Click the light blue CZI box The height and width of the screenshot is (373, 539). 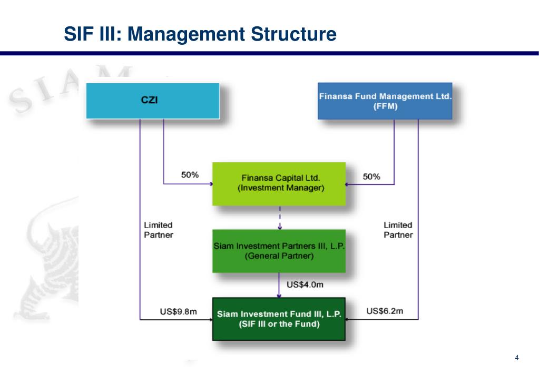(x=152, y=100)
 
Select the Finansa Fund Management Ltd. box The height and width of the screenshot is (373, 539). (x=385, y=101)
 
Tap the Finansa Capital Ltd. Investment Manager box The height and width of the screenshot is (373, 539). (x=279, y=183)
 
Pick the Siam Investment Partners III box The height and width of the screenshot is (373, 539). (x=279, y=251)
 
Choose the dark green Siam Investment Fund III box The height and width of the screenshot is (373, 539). (x=279, y=319)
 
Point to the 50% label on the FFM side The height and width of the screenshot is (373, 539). (x=371, y=176)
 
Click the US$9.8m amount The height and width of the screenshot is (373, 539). (x=178, y=311)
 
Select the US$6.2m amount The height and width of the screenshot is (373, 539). (x=385, y=311)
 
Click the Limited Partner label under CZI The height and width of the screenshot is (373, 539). (x=158, y=230)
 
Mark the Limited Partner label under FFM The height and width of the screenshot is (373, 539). (x=398, y=230)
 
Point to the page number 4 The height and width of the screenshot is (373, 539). (x=516, y=358)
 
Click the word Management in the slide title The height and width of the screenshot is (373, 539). (x=185, y=34)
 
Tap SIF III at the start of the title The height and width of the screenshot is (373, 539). (x=93, y=34)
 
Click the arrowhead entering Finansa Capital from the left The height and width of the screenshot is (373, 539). (x=210, y=183)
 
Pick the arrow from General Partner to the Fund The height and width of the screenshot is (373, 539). (x=279, y=285)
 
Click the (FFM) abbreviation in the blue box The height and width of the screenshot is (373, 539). (x=385, y=106)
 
